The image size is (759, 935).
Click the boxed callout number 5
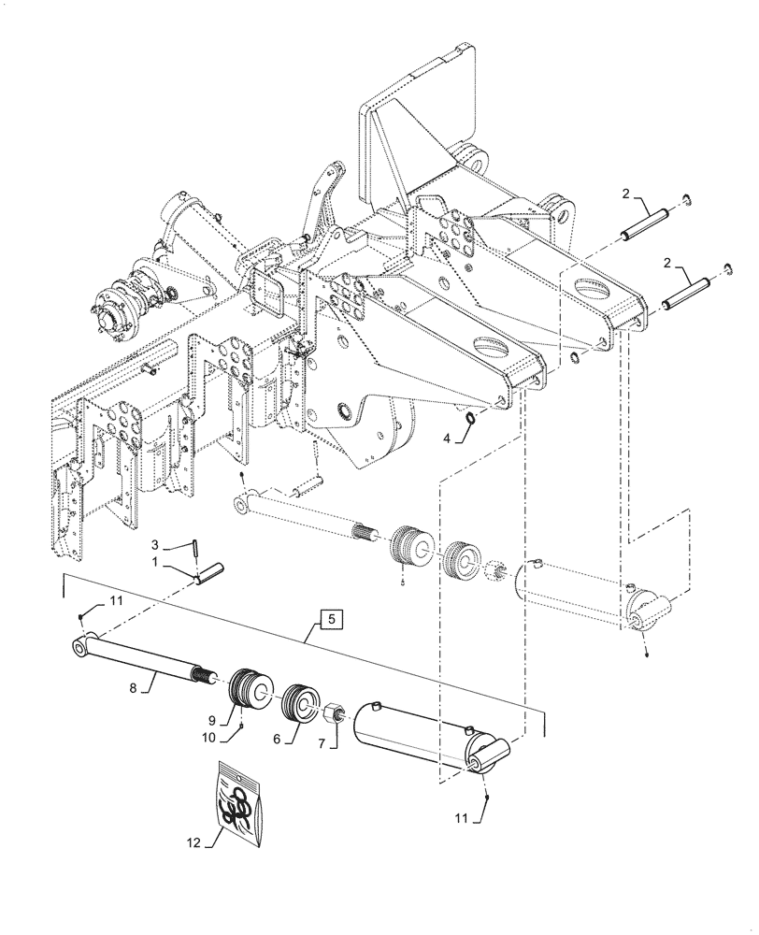click(x=334, y=618)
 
